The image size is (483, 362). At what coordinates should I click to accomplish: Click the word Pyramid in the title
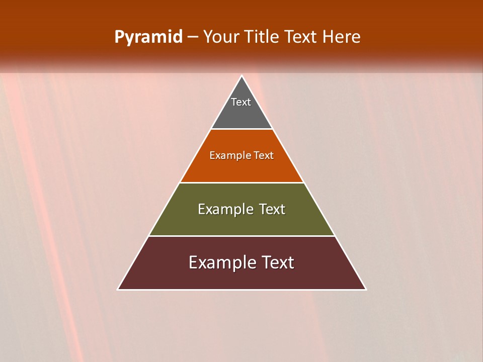click(x=148, y=37)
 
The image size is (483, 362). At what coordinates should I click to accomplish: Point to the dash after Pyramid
click(x=193, y=37)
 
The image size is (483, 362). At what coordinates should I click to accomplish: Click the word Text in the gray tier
click(x=241, y=102)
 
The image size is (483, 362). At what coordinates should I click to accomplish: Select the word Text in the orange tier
click(x=264, y=155)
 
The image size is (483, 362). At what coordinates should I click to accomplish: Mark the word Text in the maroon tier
click(x=278, y=262)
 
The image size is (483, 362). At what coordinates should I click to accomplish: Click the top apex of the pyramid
click(x=242, y=76)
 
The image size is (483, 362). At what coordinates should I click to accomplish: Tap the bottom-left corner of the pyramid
click(x=119, y=289)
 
